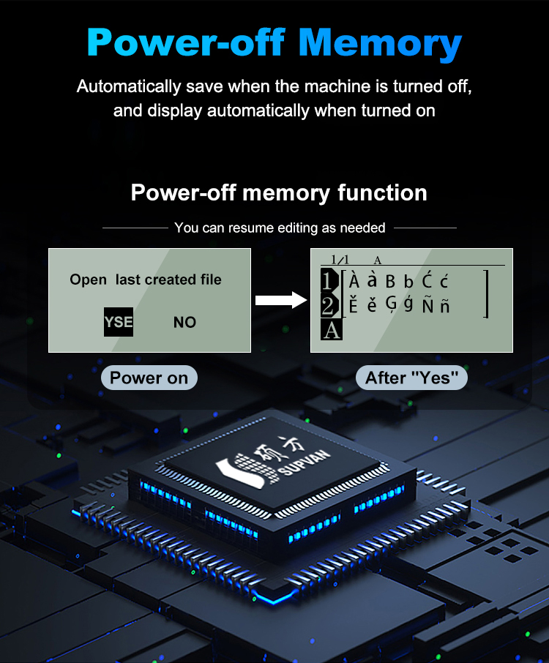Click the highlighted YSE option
[x=119, y=322]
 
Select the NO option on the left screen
[x=185, y=322]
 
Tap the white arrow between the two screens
[x=281, y=300]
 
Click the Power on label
[x=149, y=378]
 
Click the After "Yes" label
[x=411, y=378]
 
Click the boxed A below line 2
[x=331, y=330]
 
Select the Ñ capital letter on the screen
[x=427, y=304]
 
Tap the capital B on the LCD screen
[x=390, y=282]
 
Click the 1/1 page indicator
[x=340, y=259]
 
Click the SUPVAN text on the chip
[x=305, y=463]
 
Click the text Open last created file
[x=146, y=280]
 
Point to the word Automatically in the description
[x=129, y=86]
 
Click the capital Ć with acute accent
[x=427, y=280]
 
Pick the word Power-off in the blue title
[x=186, y=42]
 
